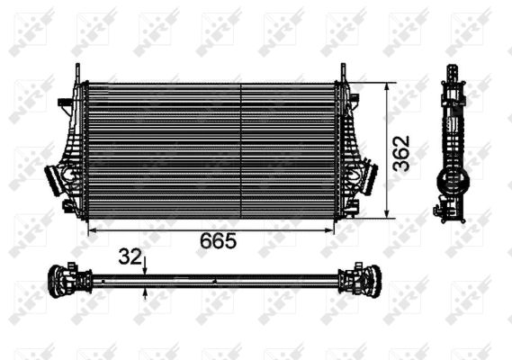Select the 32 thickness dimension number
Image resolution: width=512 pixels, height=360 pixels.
130,256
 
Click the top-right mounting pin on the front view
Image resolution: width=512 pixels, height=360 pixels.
343,71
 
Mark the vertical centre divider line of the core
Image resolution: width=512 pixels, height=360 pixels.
241,150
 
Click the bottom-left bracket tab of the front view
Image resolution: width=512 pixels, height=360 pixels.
69,208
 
